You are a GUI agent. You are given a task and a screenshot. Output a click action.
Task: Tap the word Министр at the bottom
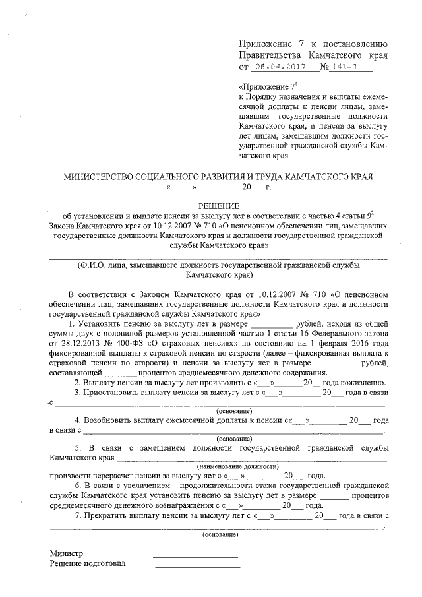(66, 553)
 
